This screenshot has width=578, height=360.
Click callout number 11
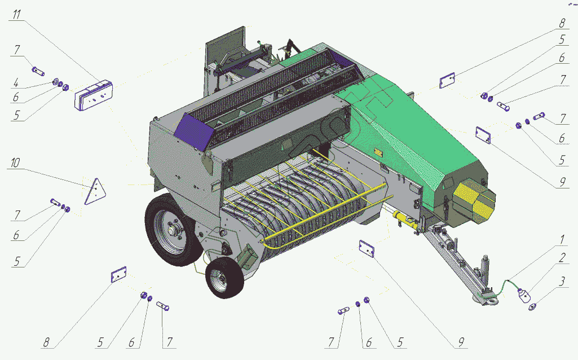(17, 15)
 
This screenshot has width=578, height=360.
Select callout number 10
(15, 163)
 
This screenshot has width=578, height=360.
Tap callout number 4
(15, 83)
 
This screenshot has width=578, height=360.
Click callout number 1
(562, 240)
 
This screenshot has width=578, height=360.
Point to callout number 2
(562, 258)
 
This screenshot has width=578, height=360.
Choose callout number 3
(562, 282)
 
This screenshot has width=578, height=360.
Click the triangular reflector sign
(95, 191)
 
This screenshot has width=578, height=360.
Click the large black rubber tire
(170, 230)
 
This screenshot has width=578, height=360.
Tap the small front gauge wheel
(224, 278)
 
